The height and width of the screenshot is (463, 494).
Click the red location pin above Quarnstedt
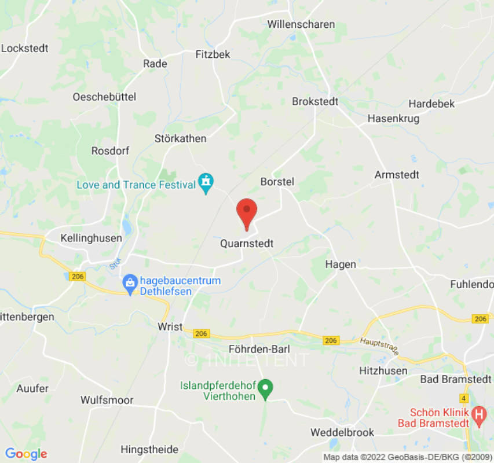coord(247,212)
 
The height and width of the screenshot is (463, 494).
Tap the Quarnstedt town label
coord(247,244)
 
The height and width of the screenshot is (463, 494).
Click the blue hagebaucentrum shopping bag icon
coord(130,283)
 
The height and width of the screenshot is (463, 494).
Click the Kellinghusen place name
coord(92,238)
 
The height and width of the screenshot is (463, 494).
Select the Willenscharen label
coord(301,24)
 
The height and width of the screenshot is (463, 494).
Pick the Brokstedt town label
coord(315,101)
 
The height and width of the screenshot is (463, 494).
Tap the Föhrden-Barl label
coord(258,348)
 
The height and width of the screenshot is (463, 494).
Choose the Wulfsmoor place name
coord(107,400)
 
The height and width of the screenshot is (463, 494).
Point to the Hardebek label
coord(431,104)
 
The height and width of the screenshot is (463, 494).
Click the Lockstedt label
coord(25,48)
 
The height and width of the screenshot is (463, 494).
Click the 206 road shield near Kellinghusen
coord(77,277)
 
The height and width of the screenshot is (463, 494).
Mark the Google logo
coord(25,454)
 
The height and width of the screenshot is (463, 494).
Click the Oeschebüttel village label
coord(104,97)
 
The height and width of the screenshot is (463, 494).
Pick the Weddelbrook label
coord(342,432)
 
